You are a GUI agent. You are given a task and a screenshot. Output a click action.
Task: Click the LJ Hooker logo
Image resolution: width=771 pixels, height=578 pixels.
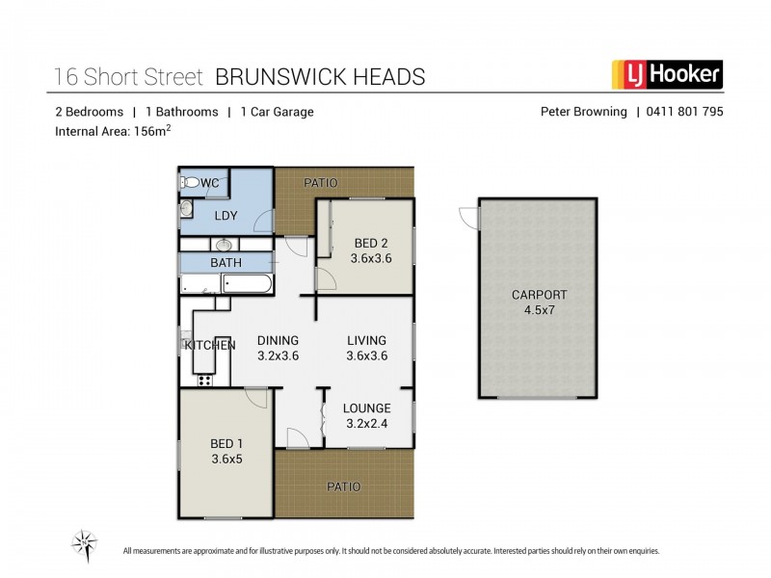667,74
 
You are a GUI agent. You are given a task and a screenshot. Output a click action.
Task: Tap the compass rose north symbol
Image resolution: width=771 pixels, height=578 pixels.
85,544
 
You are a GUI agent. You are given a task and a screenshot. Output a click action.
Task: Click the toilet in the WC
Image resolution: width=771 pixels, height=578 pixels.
190,182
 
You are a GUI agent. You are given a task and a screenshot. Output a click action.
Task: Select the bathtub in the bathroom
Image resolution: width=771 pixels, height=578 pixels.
249,283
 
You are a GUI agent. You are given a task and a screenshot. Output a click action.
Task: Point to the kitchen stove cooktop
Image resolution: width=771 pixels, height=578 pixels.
204,381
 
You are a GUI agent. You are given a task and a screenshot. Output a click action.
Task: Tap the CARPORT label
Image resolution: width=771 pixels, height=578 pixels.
539,295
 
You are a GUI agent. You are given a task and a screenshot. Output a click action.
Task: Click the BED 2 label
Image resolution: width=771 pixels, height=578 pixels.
370,243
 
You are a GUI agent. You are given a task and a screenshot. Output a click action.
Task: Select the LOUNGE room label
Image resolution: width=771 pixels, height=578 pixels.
367,407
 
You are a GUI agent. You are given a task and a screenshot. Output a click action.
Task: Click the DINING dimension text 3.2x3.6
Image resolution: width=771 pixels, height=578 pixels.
278,355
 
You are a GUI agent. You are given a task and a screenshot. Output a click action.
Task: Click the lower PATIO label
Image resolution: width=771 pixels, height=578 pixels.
342,487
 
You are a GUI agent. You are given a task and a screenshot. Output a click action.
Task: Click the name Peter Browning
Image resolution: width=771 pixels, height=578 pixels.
582,112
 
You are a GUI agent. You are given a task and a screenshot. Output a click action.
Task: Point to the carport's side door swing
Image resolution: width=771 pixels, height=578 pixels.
467,218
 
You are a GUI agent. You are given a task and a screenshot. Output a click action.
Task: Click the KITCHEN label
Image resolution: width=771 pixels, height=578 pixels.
210,345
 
